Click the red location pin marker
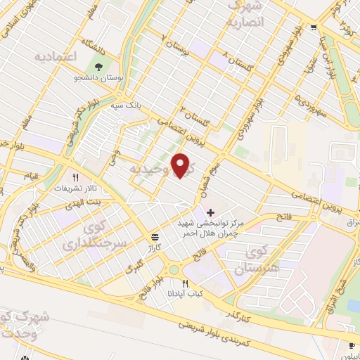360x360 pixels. tap(181, 165)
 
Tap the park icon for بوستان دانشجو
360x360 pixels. tap(98, 67)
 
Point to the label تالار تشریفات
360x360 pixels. tap(75, 189)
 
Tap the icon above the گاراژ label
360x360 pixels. tap(154, 237)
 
